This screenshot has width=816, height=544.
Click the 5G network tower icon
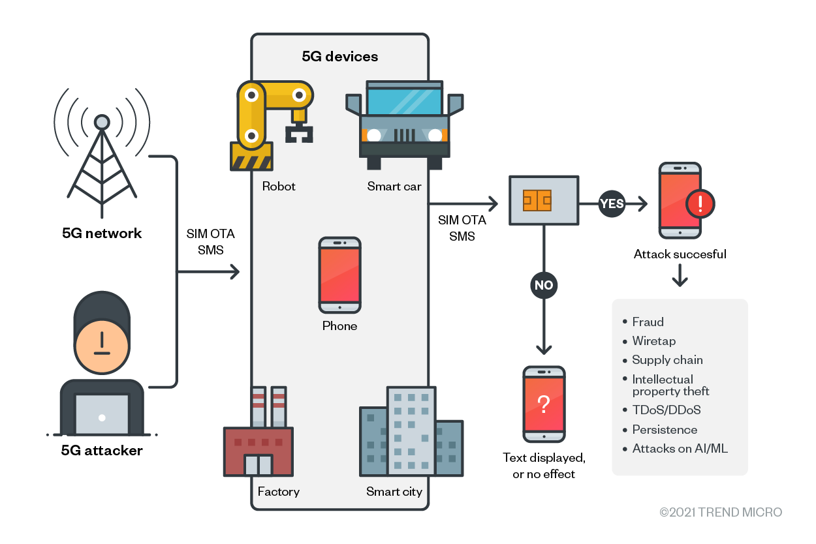tap(102, 157)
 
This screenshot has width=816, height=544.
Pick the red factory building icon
tap(259, 444)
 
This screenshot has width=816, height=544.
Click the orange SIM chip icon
tap(537, 200)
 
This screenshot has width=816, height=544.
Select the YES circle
tap(612, 204)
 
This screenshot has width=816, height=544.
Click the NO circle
tap(544, 285)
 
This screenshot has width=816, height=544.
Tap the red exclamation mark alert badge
tap(700, 204)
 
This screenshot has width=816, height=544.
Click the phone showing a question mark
tap(544, 404)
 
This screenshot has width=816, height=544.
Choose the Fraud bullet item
tap(648, 322)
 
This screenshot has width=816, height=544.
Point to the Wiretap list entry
tap(653, 341)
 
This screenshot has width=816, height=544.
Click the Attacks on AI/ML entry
tap(680, 449)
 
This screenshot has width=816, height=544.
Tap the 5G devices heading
tap(339, 57)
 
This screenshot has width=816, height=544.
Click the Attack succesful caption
tap(680, 254)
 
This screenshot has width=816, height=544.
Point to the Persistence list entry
tap(664, 430)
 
